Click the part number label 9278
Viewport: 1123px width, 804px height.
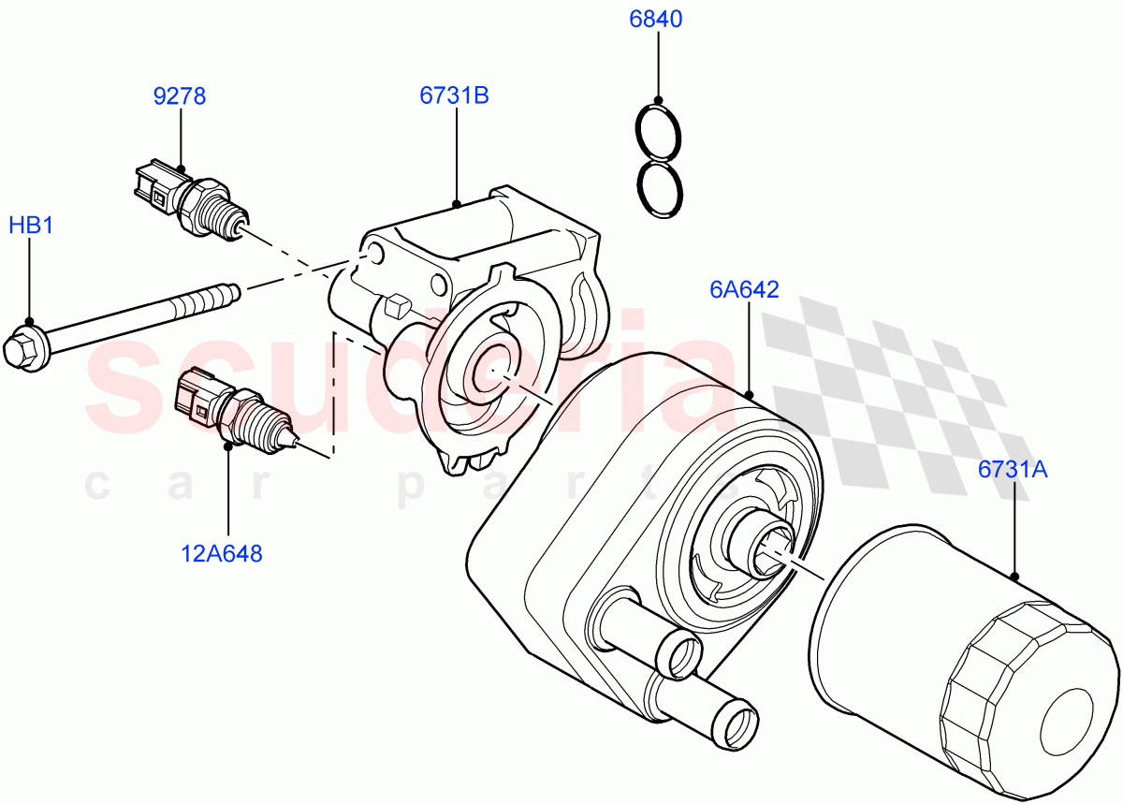180,95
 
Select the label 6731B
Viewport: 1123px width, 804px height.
456,95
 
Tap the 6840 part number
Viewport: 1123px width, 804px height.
657,20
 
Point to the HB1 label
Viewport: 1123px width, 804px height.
30,226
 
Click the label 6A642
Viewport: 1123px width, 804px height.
744,289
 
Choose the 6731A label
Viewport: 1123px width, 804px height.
1013,470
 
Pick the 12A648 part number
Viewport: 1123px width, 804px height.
222,553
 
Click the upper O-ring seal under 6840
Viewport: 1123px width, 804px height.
658,132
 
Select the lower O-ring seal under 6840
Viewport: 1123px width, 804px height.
658,190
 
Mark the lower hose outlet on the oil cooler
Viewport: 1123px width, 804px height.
736,721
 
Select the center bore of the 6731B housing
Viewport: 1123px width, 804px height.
490,369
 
